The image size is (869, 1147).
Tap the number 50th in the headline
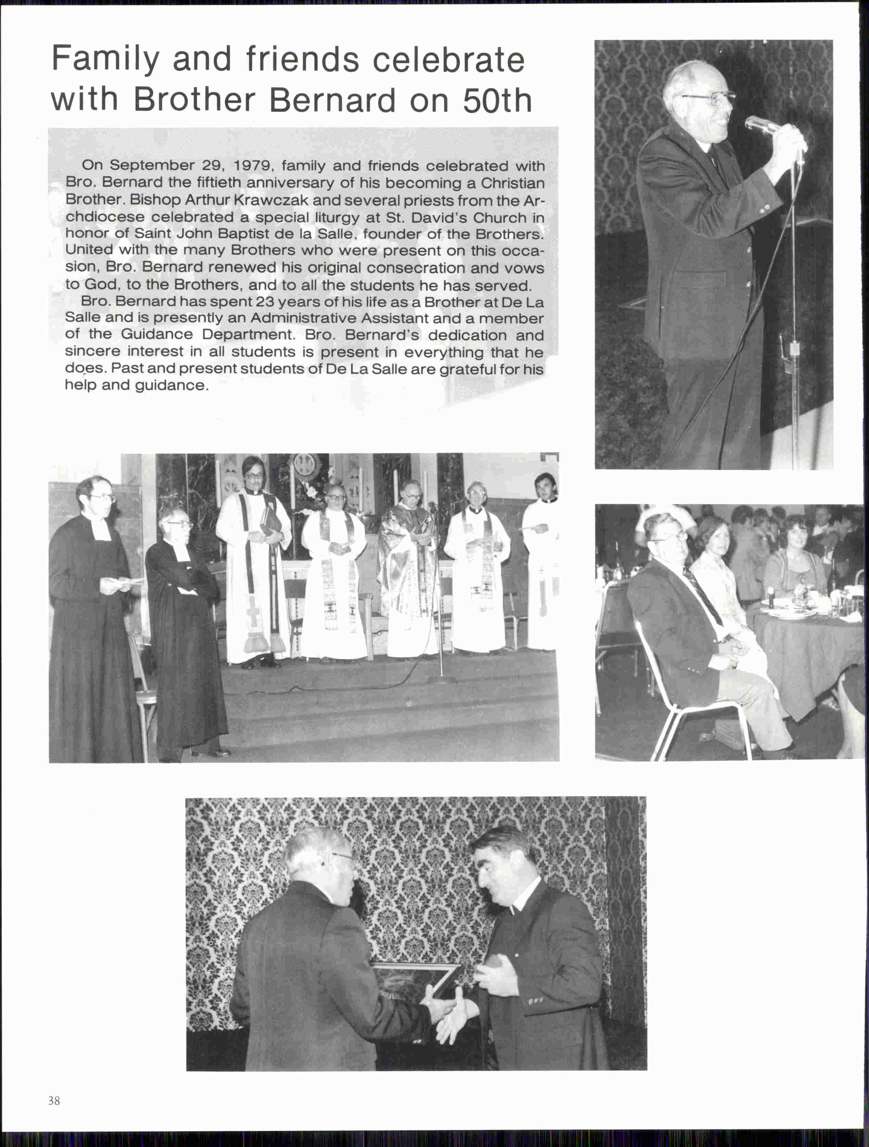(x=497, y=101)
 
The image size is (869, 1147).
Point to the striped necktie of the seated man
(x=703, y=596)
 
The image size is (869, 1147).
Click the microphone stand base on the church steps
(x=441, y=678)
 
